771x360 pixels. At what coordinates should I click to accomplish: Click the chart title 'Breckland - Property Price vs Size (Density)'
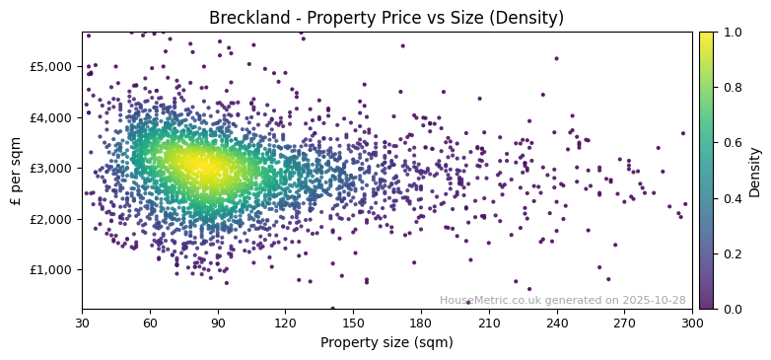click(386, 18)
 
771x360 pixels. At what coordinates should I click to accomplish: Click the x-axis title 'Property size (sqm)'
click(386, 343)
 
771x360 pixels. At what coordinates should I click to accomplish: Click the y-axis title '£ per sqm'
click(16, 171)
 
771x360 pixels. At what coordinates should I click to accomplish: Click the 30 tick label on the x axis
click(82, 323)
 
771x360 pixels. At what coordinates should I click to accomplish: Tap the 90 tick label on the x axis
click(218, 323)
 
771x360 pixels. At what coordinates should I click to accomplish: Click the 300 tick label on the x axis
click(692, 323)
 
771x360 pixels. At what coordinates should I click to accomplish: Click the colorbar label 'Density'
click(755, 171)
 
